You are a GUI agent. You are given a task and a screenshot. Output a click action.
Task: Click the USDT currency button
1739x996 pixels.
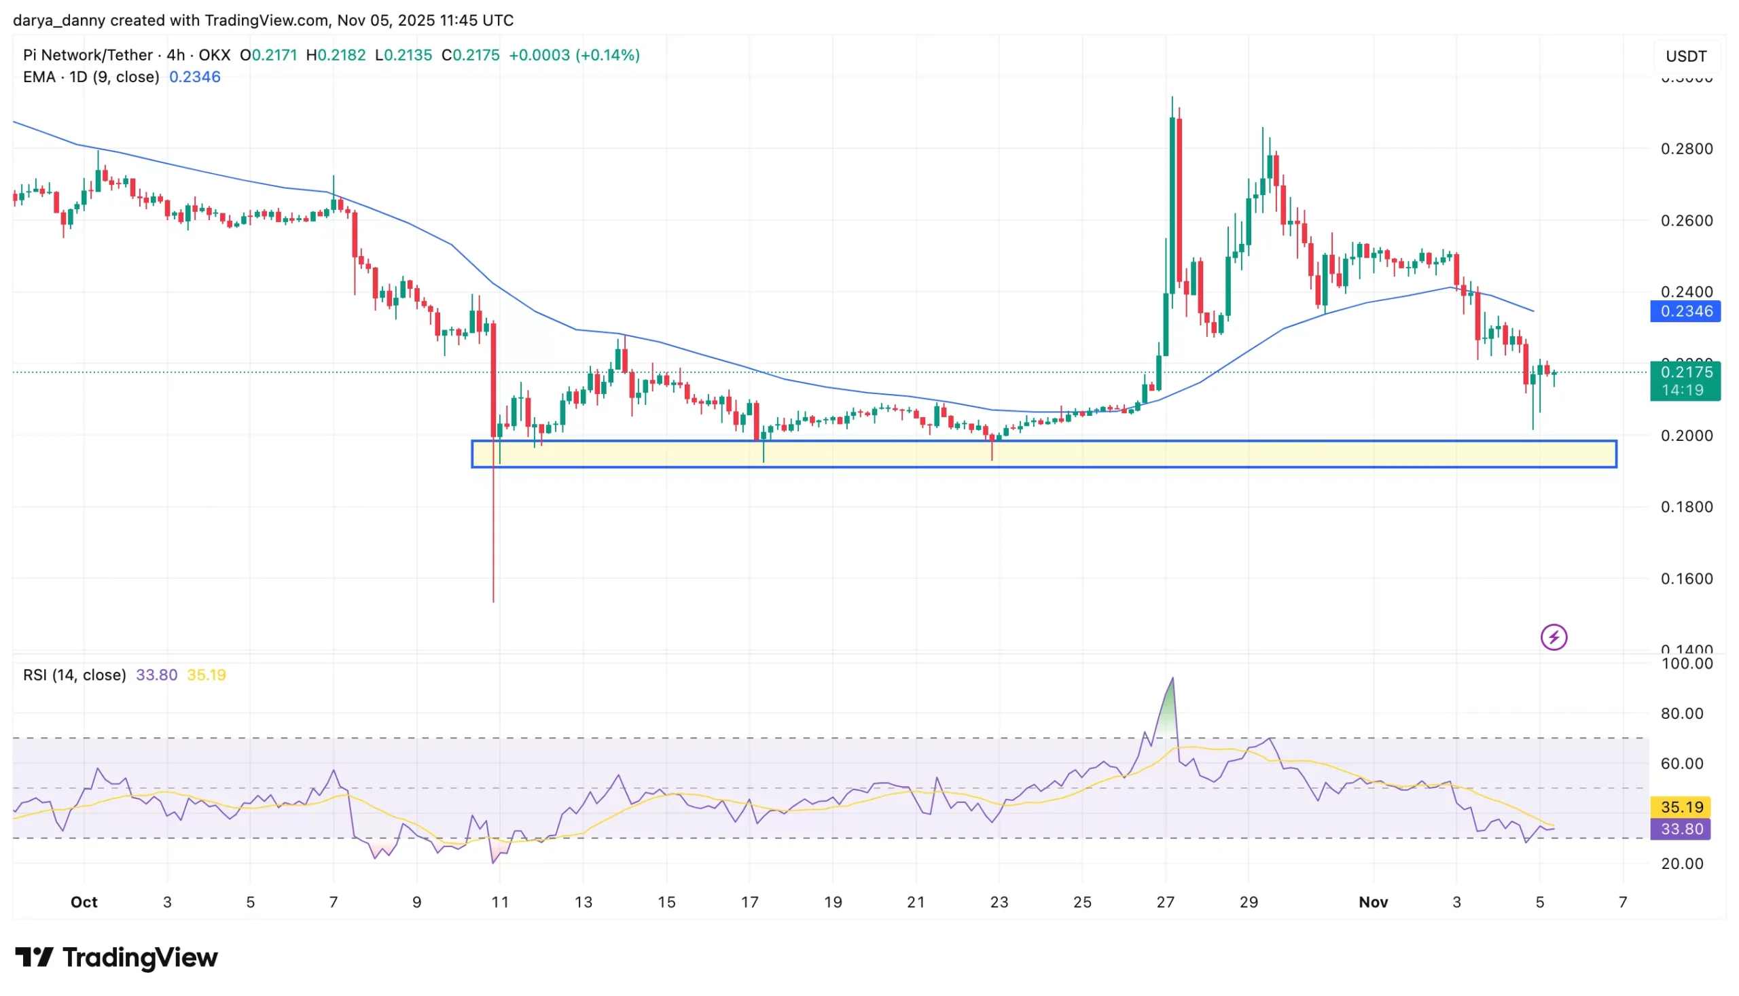pos(1685,56)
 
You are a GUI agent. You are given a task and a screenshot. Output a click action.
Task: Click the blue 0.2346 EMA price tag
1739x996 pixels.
pos(1685,311)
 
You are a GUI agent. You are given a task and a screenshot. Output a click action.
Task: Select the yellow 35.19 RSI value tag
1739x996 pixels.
pos(1681,807)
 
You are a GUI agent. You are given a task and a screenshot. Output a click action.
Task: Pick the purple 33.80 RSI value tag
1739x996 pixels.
pos(1681,829)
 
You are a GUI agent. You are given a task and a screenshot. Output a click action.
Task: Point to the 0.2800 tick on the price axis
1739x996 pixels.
pos(1686,149)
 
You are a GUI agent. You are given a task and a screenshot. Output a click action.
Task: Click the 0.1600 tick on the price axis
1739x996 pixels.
pos(1686,579)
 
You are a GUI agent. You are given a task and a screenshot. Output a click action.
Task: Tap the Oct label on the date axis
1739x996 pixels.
pos(84,902)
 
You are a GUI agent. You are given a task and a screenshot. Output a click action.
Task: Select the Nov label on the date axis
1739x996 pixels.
pos(1373,902)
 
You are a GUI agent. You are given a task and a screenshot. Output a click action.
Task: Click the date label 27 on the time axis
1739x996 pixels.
pos(1165,902)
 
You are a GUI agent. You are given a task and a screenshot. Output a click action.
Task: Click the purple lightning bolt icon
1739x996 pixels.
pos(1554,637)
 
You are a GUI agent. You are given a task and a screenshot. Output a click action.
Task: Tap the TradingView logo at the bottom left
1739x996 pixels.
pos(116,958)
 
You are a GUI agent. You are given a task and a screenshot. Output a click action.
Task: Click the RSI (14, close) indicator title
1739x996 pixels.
pos(75,675)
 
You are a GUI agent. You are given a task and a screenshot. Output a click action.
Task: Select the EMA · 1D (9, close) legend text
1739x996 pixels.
pos(91,77)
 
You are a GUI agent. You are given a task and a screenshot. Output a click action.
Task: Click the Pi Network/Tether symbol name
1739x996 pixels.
pos(88,55)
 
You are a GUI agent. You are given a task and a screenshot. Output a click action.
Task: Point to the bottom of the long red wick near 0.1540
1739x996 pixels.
pos(493,601)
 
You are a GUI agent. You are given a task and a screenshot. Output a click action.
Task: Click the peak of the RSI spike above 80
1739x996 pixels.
pos(1172,679)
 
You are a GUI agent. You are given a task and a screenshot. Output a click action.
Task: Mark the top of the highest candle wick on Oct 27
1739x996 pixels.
pos(1172,97)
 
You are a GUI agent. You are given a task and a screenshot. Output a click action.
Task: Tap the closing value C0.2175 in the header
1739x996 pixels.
pos(471,55)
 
